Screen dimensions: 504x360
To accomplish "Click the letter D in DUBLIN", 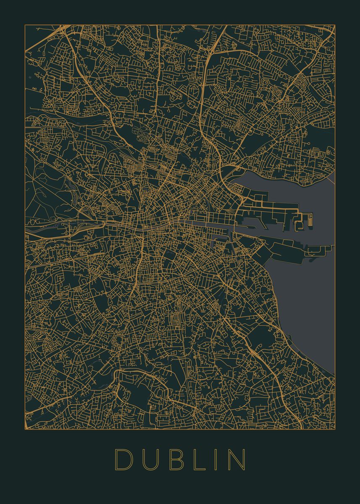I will (124, 459).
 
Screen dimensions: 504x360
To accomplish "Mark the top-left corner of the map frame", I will (25, 25).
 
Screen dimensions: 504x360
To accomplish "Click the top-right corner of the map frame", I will (335, 25).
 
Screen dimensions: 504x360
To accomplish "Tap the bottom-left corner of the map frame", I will (25, 429).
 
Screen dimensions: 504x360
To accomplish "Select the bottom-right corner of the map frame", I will (335, 429).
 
